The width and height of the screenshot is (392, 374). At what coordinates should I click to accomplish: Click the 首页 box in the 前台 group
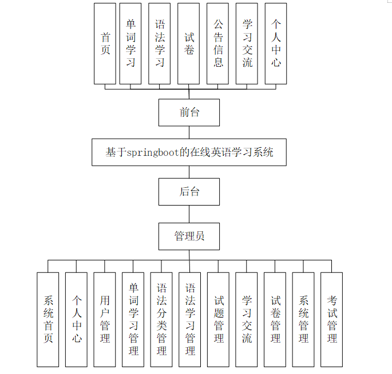pos(105,44)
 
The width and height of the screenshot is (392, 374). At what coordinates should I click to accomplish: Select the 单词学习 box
pos(130,44)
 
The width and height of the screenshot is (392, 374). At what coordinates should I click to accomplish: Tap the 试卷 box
pos(189,44)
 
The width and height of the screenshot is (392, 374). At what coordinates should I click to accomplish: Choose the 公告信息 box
pos(218,44)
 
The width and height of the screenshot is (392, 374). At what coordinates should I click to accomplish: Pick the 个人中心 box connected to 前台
pos(276,44)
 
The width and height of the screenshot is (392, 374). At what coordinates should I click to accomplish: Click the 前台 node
pos(189,112)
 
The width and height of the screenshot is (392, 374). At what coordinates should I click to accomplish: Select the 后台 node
pos(189,191)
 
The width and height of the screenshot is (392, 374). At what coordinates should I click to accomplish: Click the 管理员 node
pos(189,236)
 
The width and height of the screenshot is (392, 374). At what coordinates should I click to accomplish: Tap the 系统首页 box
pos(48,319)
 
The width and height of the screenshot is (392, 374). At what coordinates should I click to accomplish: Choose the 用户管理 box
pos(105,319)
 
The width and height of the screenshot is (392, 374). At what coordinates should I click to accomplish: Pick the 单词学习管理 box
pos(133,319)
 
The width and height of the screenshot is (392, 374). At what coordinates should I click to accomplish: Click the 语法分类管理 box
pos(161,319)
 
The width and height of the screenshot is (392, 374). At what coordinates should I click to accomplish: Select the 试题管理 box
pos(219,319)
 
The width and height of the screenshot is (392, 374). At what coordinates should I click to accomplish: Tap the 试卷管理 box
pos(275,319)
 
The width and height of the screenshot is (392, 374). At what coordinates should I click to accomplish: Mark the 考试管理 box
pos(332,319)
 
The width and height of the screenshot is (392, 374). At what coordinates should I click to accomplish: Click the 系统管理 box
pos(303,319)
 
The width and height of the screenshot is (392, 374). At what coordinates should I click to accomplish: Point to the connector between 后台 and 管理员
pos(189,214)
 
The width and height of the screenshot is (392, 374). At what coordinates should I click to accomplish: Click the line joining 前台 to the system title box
pos(189,132)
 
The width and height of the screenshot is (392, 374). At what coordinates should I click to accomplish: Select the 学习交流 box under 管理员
pos(247,319)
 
